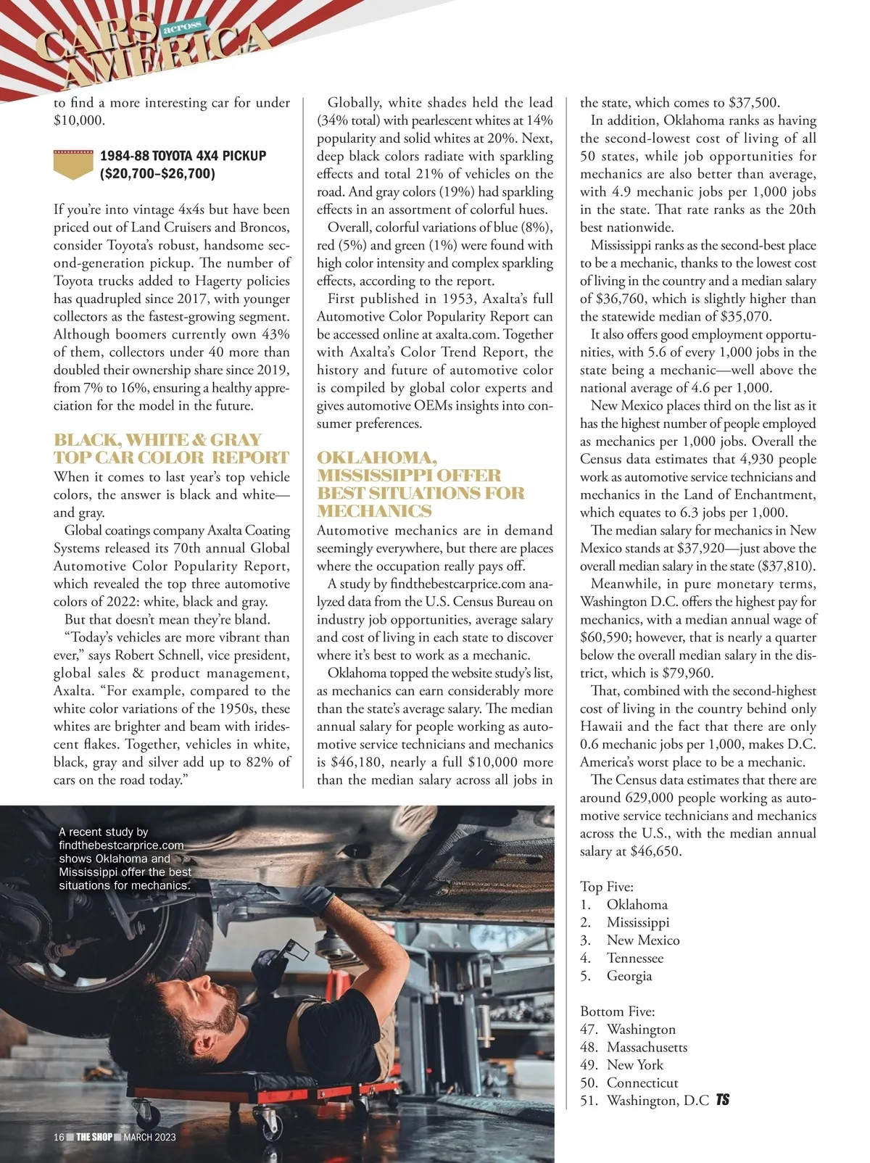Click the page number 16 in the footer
coord(59,1137)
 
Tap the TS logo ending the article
coord(722,1100)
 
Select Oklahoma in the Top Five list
coord(637,905)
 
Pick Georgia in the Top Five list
coord(629,976)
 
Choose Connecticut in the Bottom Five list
coord(642,1083)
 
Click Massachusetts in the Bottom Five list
coord(647,1047)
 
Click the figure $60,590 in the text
coord(605,638)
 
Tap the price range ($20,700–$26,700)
coord(157,174)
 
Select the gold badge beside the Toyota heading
coord(73,165)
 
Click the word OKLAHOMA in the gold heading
coord(376,458)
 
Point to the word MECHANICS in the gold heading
coord(374,512)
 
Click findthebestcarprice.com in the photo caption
coord(121,845)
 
